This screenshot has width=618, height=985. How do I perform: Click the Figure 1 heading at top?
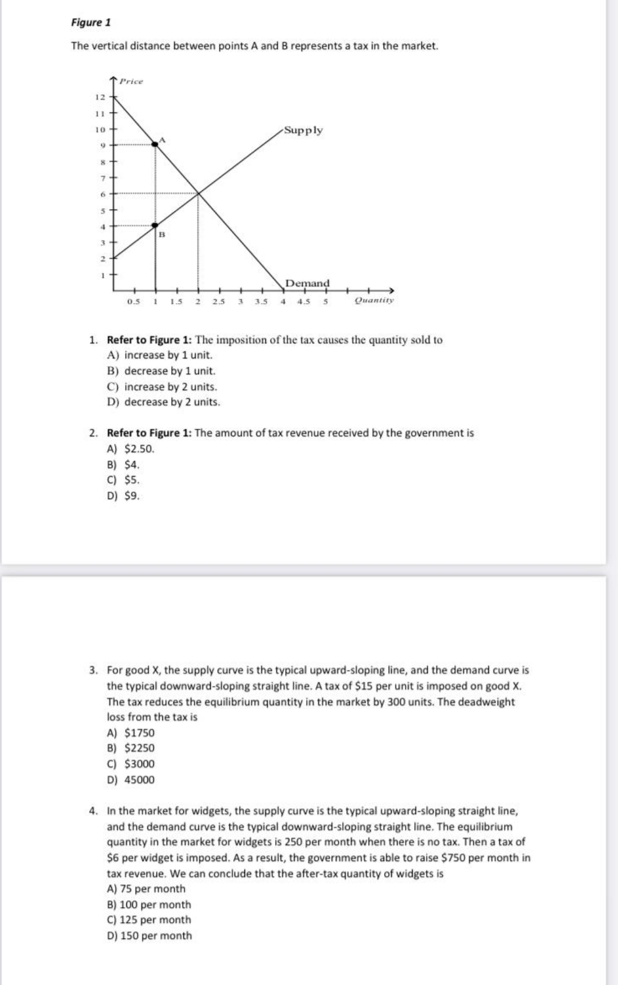coord(91,23)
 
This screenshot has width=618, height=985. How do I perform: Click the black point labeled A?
coord(155,144)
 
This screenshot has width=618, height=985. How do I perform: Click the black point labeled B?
coord(155,225)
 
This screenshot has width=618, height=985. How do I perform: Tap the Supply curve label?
coord(303,130)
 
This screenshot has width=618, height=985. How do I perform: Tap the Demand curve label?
coord(307,283)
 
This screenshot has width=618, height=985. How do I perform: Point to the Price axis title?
coord(131,81)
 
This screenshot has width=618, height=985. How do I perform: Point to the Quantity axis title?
coord(374,301)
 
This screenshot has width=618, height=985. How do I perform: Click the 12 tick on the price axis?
coord(100,96)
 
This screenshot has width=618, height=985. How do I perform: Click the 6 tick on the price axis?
coord(101,193)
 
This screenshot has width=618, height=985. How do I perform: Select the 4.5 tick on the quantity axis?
coord(304,301)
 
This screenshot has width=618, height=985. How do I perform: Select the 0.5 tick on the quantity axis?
coord(133,301)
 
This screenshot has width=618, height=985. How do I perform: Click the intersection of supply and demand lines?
coord(198,193)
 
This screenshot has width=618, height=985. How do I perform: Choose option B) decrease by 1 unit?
coord(161,371)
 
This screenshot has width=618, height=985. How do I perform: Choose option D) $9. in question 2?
coord(123,496)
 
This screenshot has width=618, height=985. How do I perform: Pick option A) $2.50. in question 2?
coord(131,449)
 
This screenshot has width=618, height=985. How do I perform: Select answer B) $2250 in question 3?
coord(131,748)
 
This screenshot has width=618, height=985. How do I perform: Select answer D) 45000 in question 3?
coord(131,780)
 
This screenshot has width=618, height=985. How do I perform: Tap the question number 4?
coord(93,810)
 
